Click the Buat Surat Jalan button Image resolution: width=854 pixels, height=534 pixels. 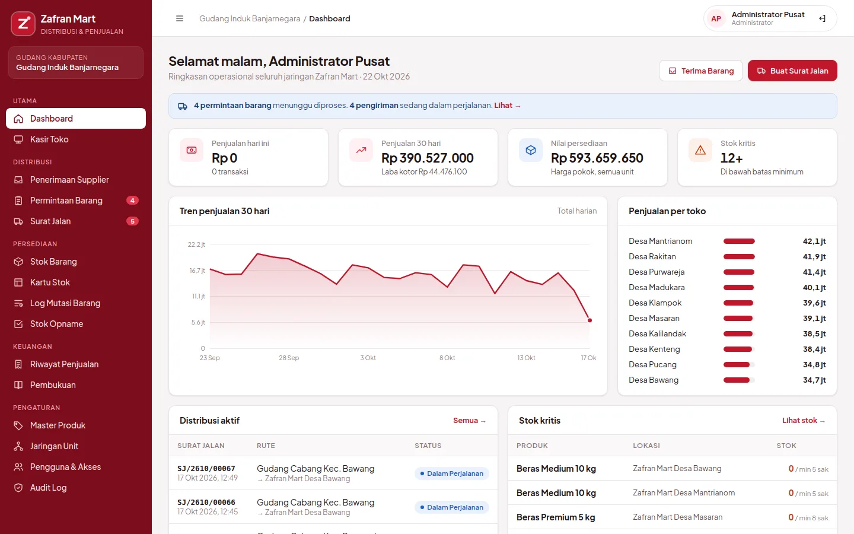pos(792,71)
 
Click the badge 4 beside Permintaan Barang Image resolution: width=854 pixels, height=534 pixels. pos(132,201)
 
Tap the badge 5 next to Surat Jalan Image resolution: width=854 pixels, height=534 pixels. pos(132,221)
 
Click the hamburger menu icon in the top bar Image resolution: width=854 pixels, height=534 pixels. pos(180,18)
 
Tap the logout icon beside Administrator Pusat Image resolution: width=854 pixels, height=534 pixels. pos(823,18)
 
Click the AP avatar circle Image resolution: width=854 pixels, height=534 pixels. pos(716,18)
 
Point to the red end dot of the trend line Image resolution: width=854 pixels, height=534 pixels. pos(589,320)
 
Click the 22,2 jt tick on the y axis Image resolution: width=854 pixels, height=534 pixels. pos(196,244)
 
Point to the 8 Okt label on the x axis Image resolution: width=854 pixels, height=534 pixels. pos(447,358)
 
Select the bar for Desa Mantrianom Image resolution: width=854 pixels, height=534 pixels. pos(739,241)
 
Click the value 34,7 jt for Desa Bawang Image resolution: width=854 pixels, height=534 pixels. pos(814,380)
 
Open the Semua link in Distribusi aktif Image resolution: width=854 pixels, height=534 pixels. pos(470,420)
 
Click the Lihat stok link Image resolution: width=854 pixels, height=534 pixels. pos(804,420)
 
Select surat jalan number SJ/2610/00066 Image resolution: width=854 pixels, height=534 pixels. pos(206,503)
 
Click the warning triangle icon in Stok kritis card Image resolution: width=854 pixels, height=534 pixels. pos(700,150)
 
